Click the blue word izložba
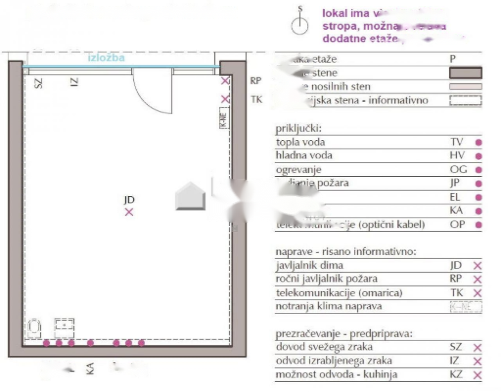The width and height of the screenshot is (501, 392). point(106,58)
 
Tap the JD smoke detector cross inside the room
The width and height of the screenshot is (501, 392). point(129,212)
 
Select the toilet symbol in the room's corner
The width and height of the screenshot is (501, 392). point(35,328)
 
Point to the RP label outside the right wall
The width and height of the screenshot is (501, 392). point(256,81)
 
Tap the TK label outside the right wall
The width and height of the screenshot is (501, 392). point(256,100)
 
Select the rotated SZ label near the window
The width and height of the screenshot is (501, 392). point(38,83)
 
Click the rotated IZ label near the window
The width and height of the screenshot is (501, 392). point(74,82)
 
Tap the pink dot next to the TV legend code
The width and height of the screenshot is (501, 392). point(478,142)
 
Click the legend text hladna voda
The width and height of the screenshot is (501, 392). point(304,156)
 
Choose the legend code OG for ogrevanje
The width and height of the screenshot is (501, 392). point(458,170)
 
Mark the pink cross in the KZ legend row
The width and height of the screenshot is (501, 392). point(477,375)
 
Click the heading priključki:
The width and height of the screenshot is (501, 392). point(298,129)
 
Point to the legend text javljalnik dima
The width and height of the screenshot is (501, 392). point(309,265)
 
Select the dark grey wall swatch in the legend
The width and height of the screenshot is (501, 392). point(465,73)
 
